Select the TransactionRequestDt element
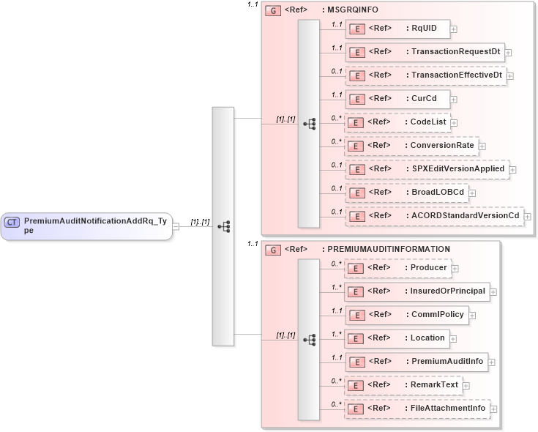point(425,52)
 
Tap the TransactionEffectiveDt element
point(425,75)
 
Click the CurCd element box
point(397,99)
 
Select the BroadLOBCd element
point(406,193)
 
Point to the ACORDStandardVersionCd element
point(434,216)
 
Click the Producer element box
point(397,268)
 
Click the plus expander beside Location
point(454,338)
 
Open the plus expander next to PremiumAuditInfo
point(492,362)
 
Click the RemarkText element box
point(403,384)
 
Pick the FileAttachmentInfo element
point(417,408)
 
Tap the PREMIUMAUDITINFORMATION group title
point(388,249)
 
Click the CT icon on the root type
point(12,221)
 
